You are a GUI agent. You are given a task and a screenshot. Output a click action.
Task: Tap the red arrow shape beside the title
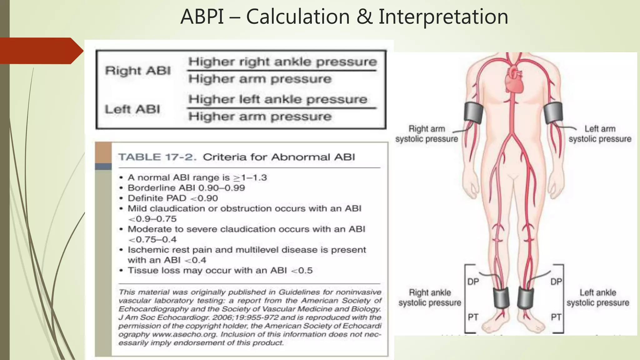(x=41, y=51)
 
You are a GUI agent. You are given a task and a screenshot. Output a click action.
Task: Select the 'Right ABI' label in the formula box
(x=138, y=71)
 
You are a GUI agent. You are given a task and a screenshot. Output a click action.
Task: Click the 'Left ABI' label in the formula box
(x=132, y=109)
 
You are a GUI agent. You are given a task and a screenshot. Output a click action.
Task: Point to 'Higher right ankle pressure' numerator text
(x=282, y=62)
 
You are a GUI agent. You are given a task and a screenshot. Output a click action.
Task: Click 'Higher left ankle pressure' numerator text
(x=278, y=99)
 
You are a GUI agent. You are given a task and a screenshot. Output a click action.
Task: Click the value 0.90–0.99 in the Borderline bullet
(x=222, y=188)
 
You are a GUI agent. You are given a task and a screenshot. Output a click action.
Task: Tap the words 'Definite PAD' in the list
(x=157, y=198)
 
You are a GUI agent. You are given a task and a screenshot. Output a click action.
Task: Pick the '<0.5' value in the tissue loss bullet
(x=302, y=270)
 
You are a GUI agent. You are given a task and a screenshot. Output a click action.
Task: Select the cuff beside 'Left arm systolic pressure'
(x=553, y=112)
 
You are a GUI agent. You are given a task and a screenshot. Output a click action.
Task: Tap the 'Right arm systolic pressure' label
(x=427, y=134)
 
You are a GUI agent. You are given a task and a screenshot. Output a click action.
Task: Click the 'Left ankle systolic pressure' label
(x=598, y=297)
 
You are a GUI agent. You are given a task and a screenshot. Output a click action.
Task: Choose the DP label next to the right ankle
(x=473, y=282)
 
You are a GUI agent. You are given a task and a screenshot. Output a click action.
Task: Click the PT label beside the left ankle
(x=556, y=317)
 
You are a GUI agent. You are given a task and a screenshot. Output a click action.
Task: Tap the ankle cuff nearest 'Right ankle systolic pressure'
(x=501, y=297)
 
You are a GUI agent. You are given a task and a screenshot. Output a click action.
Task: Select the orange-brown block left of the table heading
(x=103, y=152)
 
